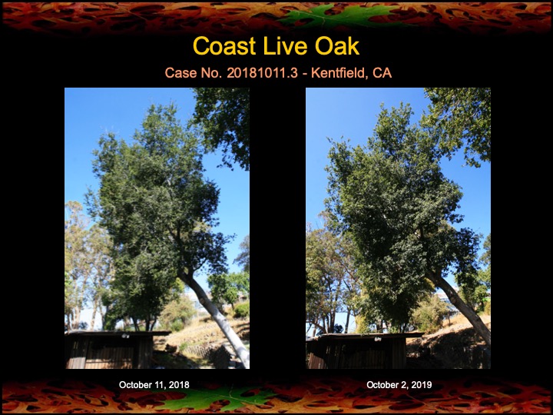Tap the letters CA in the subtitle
382,74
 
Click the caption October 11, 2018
154,384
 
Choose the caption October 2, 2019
399,384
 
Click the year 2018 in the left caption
177,384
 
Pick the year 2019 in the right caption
420,384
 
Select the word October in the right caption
384,384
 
